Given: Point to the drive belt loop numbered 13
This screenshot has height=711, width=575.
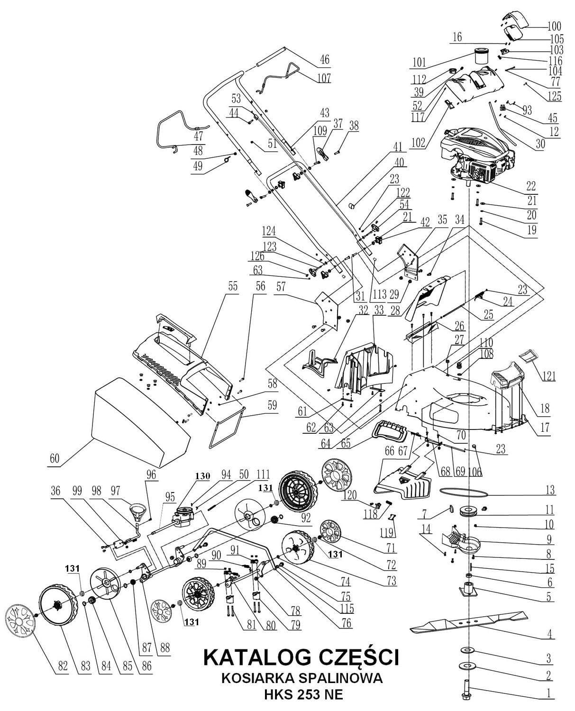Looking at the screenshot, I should (464, 493).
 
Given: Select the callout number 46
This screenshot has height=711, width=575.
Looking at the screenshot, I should (325, 60).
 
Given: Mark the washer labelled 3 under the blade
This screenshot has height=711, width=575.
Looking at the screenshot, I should (467, 649).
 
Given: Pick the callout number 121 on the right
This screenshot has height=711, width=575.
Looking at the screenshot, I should (548, 376).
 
